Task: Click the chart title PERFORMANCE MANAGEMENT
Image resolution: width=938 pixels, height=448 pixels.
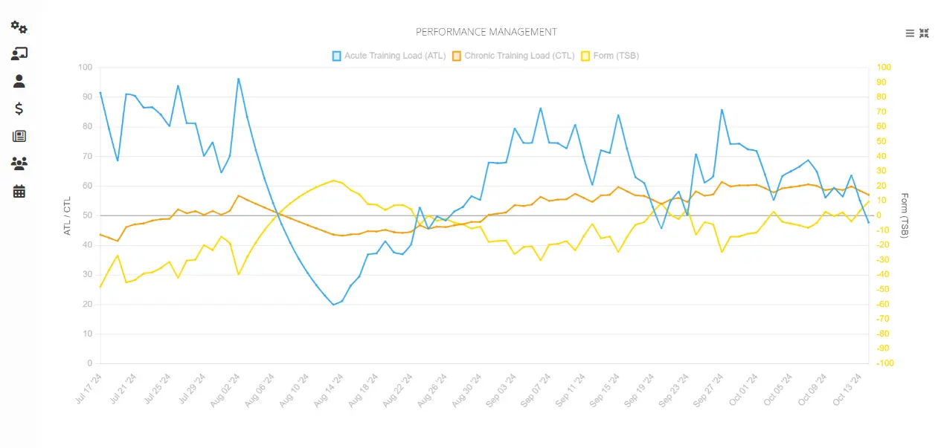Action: point(486,32)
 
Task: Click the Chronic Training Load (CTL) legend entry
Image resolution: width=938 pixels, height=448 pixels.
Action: point(513,56)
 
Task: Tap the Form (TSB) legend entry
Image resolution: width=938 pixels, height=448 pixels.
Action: point(609,56)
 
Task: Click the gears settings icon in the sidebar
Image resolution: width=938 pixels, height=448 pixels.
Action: point(19,27)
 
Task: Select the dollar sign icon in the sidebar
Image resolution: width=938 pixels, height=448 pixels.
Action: point(19,108)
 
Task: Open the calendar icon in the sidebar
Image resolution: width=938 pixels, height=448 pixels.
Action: point(19,191)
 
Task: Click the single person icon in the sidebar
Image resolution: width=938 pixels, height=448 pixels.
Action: point(19,81)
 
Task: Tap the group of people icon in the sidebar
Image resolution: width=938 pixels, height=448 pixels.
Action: point(19,163)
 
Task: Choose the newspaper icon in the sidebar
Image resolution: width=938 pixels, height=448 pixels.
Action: point(19,136)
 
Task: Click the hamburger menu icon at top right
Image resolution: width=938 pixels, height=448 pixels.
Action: point(910,33)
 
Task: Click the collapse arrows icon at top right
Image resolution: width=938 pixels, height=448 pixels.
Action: point(925,33)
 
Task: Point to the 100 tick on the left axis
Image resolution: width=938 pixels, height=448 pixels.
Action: point(85,68)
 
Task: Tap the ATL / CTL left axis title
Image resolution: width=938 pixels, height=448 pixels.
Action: point(67,215)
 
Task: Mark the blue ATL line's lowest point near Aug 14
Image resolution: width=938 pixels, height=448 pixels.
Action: point(334,305)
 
